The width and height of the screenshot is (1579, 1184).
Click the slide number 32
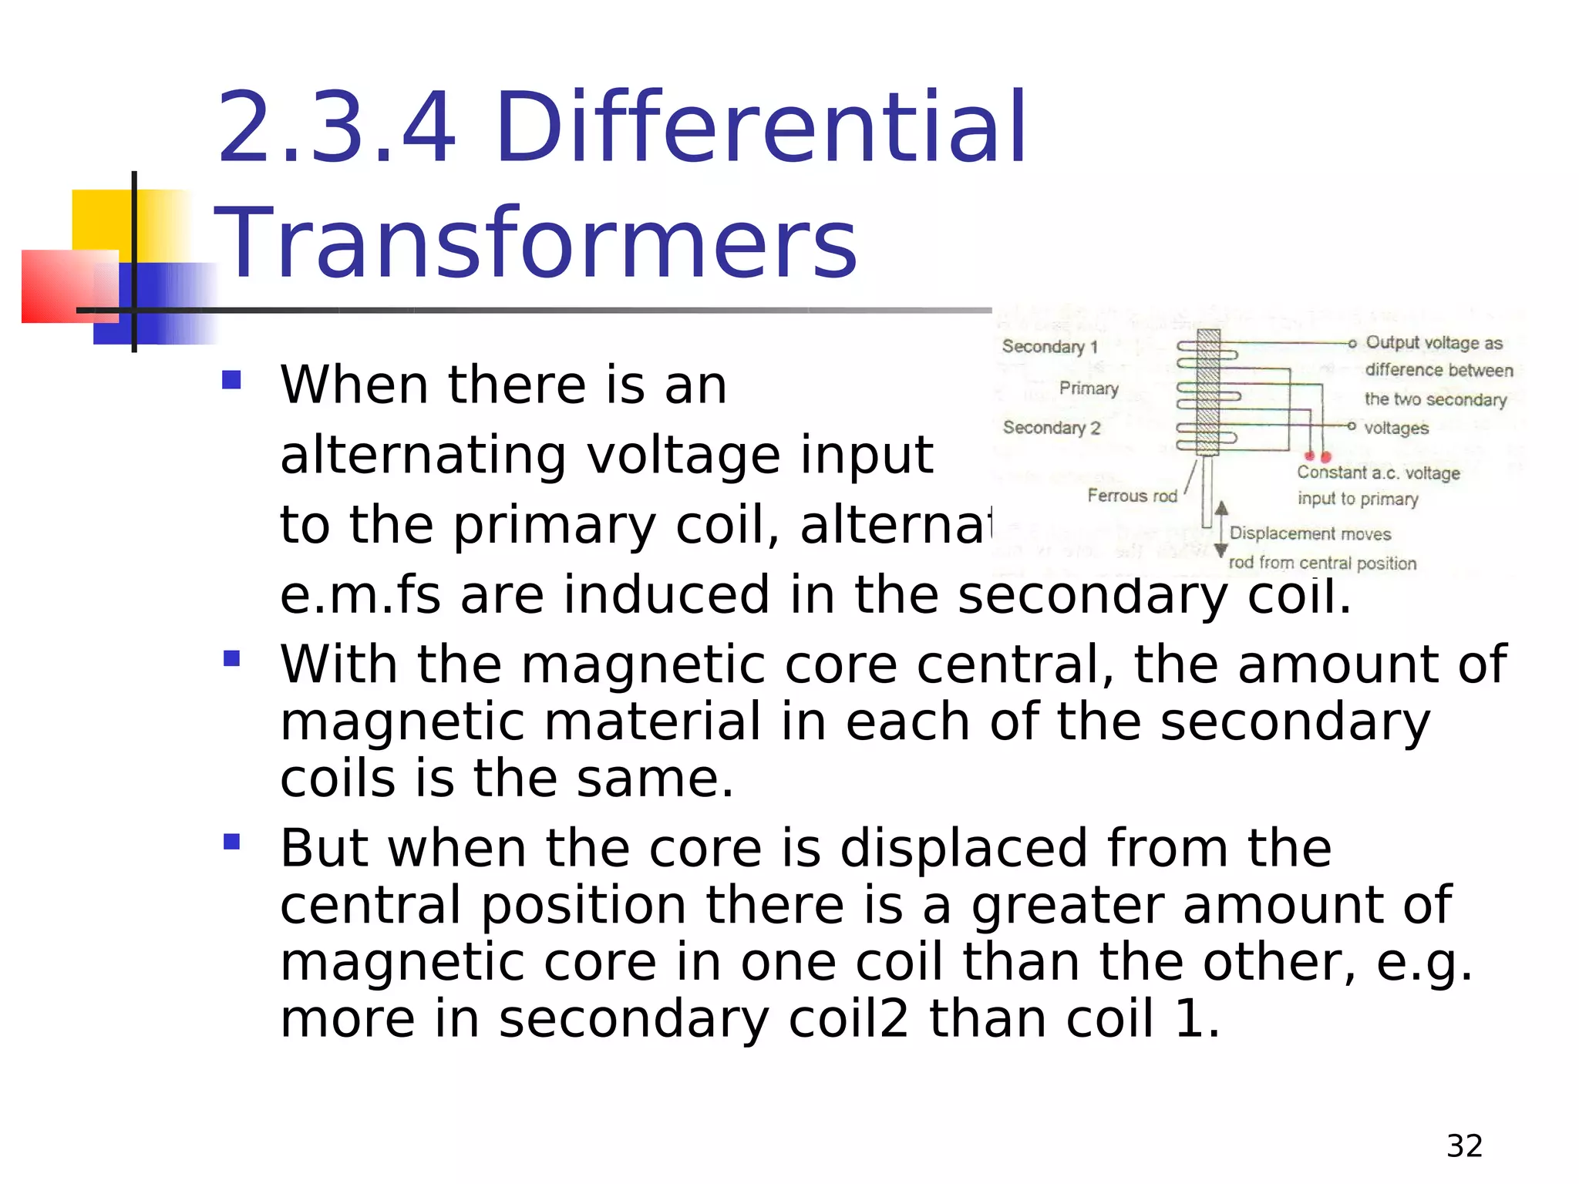click(x=1464, y=1146)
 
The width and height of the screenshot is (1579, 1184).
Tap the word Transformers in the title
click(x=536, y=243)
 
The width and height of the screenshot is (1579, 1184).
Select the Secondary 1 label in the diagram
click(x=1049, y=347)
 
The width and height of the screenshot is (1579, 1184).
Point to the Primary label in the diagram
click(x=1088, y=388)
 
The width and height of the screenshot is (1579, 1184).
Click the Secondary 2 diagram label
click(x=1051, y=428)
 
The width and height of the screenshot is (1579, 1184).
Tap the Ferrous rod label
click(x=1132, y=496)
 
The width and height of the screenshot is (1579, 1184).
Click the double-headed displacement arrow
click(x=1220, y=529)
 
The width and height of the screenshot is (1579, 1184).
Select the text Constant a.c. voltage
click(x=1378, y=473)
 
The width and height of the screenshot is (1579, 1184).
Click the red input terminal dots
click(x=1318, y=457)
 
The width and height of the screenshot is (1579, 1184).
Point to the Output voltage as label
click(x=1433, y=343)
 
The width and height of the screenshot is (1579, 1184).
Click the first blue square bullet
click(x=231, y=380)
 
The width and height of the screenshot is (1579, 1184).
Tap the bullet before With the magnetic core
click(x=231, y=659)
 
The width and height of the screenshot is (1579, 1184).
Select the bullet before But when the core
click(x=231, y=841)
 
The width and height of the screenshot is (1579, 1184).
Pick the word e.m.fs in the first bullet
click(x=360, y=595)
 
